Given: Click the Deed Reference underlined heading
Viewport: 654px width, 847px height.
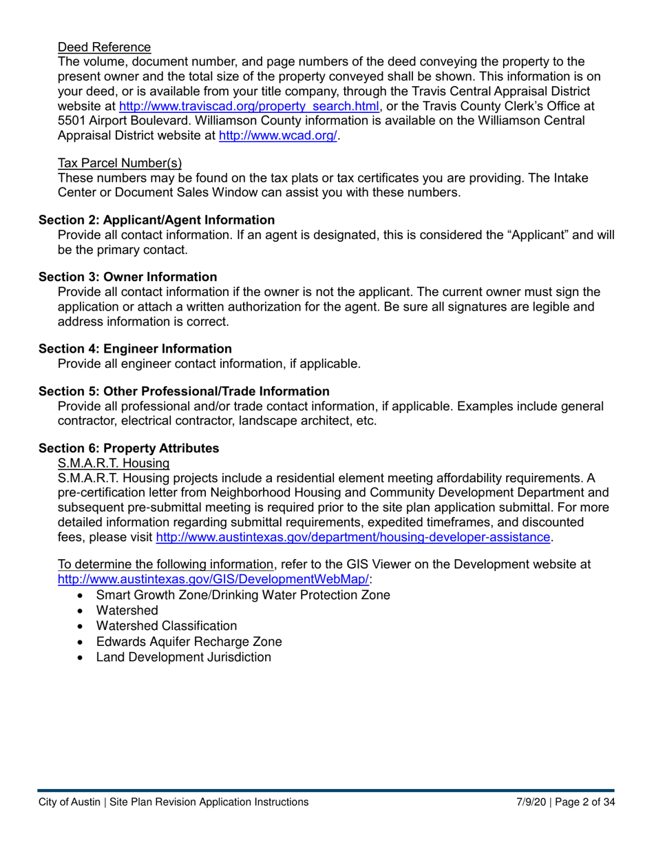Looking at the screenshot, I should pyautogui.click(x=104, y=48).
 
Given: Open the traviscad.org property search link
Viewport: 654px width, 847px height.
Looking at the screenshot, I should pyautogui.click(x=249, y=107).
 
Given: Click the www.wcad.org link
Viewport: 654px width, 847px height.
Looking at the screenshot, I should pyautogui.click(x=277, y=136).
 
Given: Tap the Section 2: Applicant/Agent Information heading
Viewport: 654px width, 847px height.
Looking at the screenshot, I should pyautogui.click(x=156, y=220).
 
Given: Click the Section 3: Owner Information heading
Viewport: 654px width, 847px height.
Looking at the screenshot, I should pyautogui.click(x=127, y=277).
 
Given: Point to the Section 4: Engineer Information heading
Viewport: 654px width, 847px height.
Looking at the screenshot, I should pyautogui.click(x=135, y=348).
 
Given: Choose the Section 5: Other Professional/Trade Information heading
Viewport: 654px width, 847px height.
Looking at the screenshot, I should pyautogui.click(x=184, y=391).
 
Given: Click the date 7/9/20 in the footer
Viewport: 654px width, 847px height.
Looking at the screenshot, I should pyautogui.click(x=531, y=802).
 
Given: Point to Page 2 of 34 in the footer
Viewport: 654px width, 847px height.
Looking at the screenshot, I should pyautogui.click(x=584, y=802).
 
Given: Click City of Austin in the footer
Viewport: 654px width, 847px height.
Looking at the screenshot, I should pyautogui.click(x=67, y=802).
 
